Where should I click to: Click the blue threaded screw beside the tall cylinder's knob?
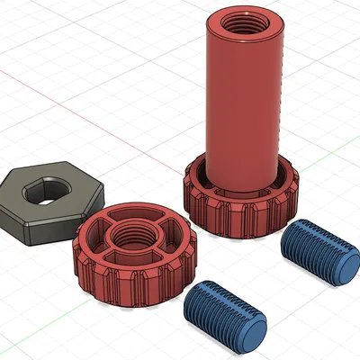coord(315,254)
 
